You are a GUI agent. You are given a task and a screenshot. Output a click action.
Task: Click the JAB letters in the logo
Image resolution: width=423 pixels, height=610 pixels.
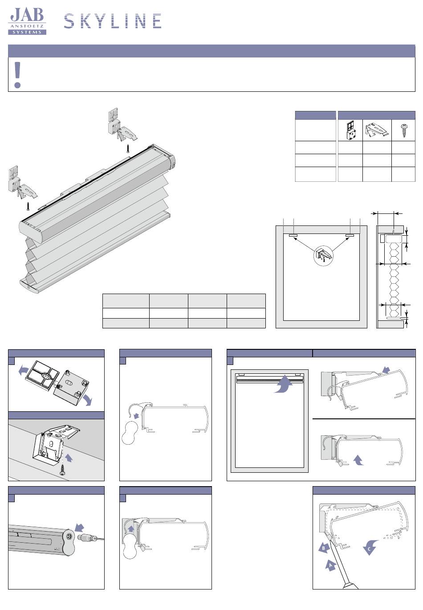click(27, 15)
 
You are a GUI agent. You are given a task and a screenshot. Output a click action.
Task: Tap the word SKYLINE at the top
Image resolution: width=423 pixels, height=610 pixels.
click(113, 21)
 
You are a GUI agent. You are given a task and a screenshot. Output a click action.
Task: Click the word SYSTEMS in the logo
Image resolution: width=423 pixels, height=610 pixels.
click(27, 32)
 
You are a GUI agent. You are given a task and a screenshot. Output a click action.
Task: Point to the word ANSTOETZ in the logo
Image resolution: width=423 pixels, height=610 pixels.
click(27, 26)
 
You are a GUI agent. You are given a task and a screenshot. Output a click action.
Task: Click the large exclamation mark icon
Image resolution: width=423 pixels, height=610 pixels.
click(17, 75)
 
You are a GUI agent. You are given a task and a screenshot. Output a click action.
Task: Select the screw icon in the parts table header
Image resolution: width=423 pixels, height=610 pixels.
click(403, 131)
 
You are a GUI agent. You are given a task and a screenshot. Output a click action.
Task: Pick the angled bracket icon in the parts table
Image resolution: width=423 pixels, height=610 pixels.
click(377, 130)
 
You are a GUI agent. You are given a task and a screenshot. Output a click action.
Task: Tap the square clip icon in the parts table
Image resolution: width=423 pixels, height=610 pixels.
click(351, 131)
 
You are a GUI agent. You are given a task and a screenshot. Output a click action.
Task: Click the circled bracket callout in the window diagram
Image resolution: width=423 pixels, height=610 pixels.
click(323, 255)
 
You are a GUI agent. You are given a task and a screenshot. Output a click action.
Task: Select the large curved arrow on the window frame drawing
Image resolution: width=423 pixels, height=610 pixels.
click(283, 384)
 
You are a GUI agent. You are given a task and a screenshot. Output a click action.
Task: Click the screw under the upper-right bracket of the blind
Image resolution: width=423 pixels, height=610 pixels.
click(128, 149)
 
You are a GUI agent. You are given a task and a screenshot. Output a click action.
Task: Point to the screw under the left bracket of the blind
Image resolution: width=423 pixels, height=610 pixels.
click(28, 206)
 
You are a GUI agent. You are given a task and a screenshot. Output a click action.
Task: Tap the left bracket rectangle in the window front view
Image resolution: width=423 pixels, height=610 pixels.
click(293, 235)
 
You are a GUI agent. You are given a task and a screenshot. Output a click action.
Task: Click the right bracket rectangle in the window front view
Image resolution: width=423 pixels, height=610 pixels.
click(350, 235)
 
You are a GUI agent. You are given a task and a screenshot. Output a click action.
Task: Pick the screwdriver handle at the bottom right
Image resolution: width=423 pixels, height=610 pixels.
click(350, 586)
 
